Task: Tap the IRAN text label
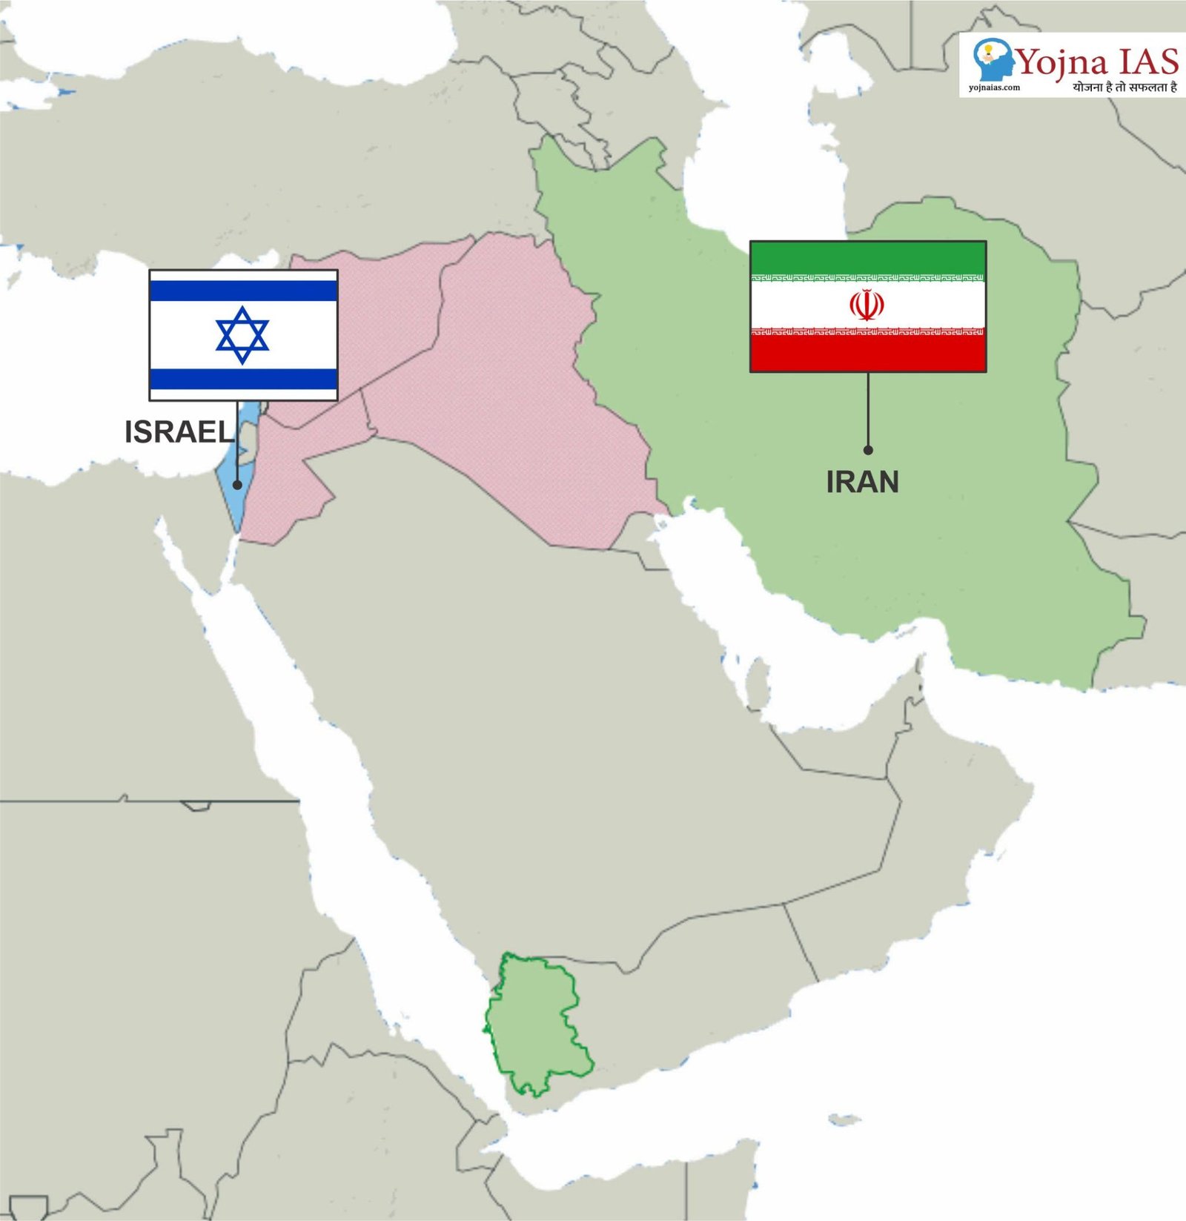[x=862, y=482]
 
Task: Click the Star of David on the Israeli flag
[x=242, y=335]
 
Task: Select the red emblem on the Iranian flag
[x=867, y=305]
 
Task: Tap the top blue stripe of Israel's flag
[x=243, y=291]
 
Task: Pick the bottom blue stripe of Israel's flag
[x=243, y=380]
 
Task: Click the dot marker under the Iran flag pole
[x=868, y=450]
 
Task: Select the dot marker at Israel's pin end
[x=237, y=485]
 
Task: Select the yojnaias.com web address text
[x=994, y=87]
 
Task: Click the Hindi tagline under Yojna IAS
[x=1124, y=87]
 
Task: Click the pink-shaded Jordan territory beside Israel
[x=285, y=482]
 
